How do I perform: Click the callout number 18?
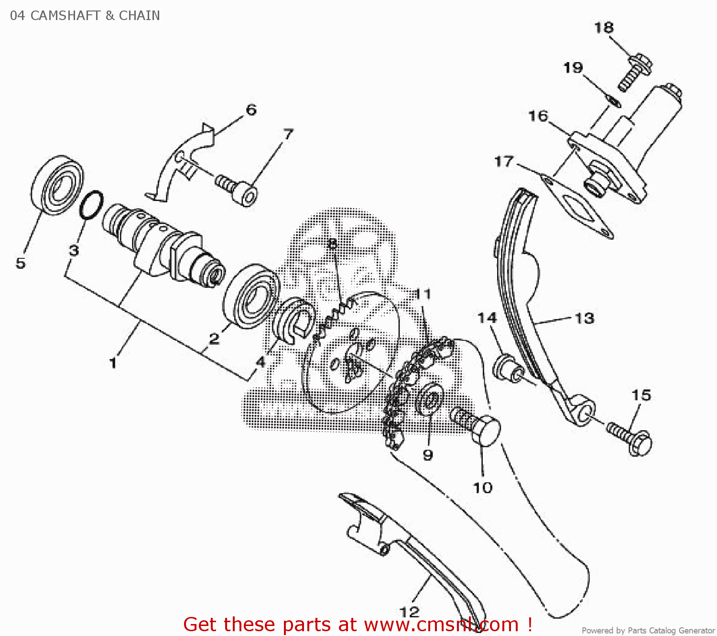coord(603,28)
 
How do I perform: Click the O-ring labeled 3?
coord(91,205)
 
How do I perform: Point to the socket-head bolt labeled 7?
coord(237,189)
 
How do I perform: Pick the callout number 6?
coord(251,110)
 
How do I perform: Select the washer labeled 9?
coord(429,399)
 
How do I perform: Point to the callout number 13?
coord(584,318)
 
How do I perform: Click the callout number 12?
coord(409,611)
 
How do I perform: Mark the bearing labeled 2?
coord(251,296)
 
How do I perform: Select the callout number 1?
coord(113,363)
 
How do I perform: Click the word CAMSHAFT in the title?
coord(65,15)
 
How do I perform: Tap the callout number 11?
coord(423,294)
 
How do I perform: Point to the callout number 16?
coord(538,116)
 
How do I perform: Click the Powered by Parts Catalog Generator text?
coord(648,630)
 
